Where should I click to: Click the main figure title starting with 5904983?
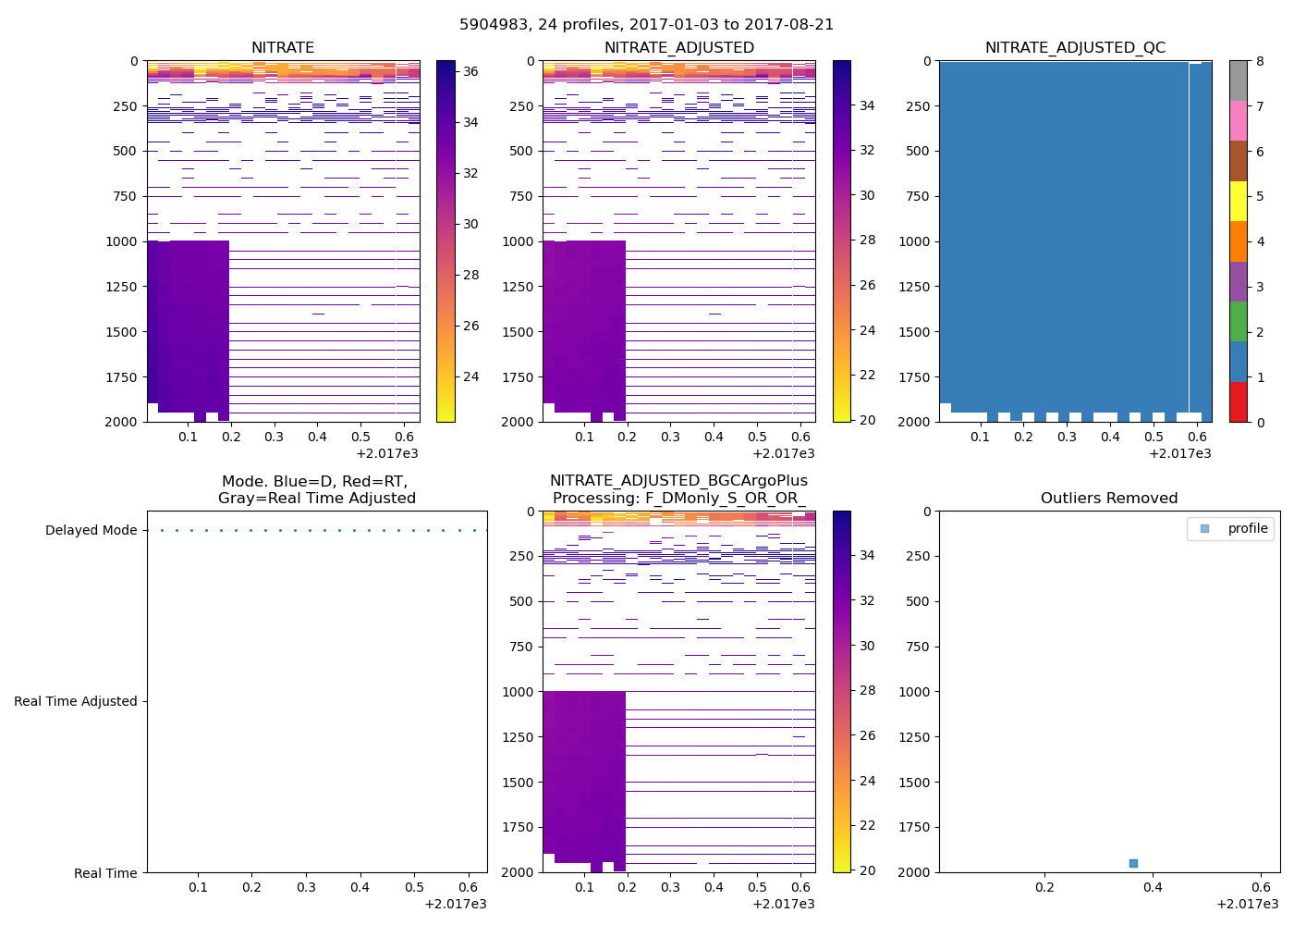click(x=646, y=25)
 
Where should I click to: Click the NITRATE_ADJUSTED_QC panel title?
click(x=1075, y=48)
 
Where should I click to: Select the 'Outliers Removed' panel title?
click(x=1108, y=499)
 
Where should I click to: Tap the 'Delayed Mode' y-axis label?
click(x=91, y=531)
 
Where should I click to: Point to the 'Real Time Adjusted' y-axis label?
click(x=76, y=702)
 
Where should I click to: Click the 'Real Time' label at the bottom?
click(x=105, y=873)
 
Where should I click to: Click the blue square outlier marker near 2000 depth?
click(x=1133, y=863)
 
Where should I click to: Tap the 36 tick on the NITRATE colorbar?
click(x=470, y=71)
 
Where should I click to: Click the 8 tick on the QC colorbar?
click(x=1260, y=61)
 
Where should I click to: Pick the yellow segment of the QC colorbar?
click(x=1239, y=202)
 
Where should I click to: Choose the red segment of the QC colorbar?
click(x=1239, y=402)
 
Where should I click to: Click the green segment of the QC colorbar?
click(x=1239, y=322)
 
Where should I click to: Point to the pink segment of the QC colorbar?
click(x=1239, y=121)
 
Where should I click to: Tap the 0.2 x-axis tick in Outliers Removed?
click(x=1044, y=887)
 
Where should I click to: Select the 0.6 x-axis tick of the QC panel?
click(x=1197, y=437)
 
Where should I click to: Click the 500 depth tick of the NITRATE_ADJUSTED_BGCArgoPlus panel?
click(x=520, y=601)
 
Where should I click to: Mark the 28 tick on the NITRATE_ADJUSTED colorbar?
click(x=867, y=240)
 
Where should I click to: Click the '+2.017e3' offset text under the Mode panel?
click(x=455, y=904)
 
